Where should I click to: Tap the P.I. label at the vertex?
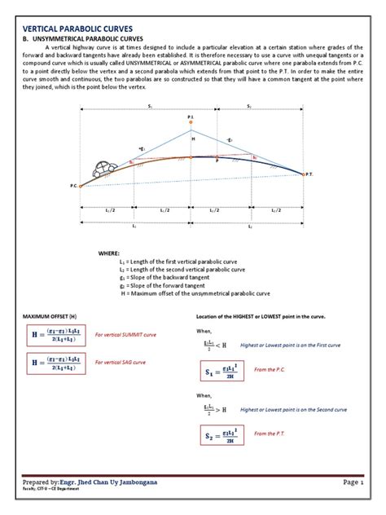(191, 117)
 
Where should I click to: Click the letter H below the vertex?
(193, 139)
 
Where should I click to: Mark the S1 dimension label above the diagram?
(149, 107)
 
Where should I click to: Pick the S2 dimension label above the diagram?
(249, 107)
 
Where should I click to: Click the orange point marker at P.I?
(191, 124)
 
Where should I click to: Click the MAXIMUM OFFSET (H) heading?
(50, 315)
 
